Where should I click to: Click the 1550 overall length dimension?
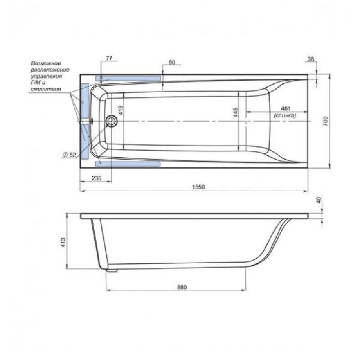pyautogui.click(x=198, y=187)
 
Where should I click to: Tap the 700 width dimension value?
pyautogui.click(x=325, y=121)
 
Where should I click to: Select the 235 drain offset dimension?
pyautogui.click(x=96, y=178)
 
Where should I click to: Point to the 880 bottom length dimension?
pyautogui.click(x=182, y=287)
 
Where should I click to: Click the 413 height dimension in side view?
pyautogui.click(x=63, y=243)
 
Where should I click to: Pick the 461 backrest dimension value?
pyautogui.click(x=286, y=108)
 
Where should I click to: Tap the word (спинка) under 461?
pyautogui.click(x=285, y=115)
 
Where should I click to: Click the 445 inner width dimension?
pyautogui.click(x=235, y=112)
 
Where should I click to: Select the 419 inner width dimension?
pyautogui.click(x=121, y=110)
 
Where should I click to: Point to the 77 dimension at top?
pyautogui.click(x=109, y=58)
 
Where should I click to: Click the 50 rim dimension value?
pyautogui.click(x=172, y=62)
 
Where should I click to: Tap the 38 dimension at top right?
pyautogui.click(x=310, y=59)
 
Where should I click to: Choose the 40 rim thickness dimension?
pyautogui.click(x=319, y=200)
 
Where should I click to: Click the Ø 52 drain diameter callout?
pyautogui.click(x=70, y=155)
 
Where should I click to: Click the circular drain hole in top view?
pyautogui.click(x=112, y=121)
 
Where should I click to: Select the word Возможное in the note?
pyautogui.click(x=46, y=63)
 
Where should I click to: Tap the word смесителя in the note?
pyautogui.click(x=46, y=89)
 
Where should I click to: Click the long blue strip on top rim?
pyautogui.click(x=128, y=78)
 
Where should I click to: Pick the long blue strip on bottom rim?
pyautogui.click(x=128, y=164)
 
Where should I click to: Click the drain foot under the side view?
pyautogui.click(x=112, y=271)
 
